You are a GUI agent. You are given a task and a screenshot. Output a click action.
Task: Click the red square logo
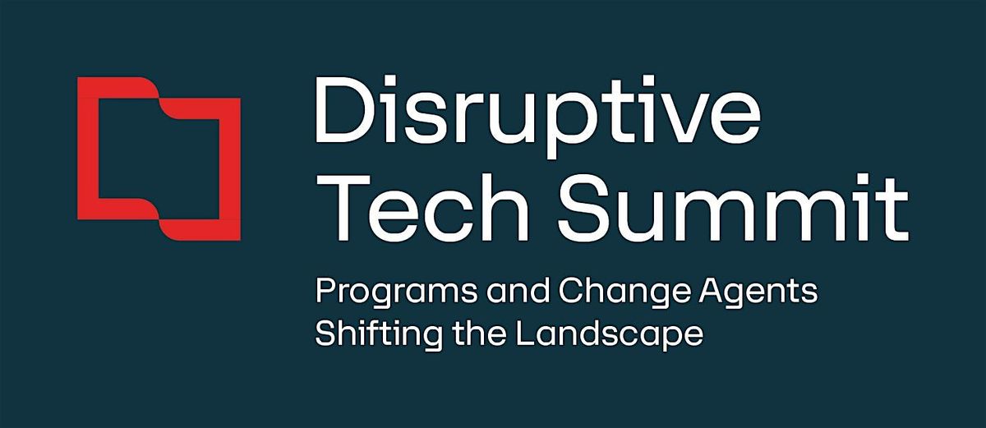[x=159, y=159]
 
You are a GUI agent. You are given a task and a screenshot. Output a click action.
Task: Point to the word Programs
[x=378, y=294]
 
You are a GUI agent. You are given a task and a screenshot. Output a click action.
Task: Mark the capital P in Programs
[x=323, y=292]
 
